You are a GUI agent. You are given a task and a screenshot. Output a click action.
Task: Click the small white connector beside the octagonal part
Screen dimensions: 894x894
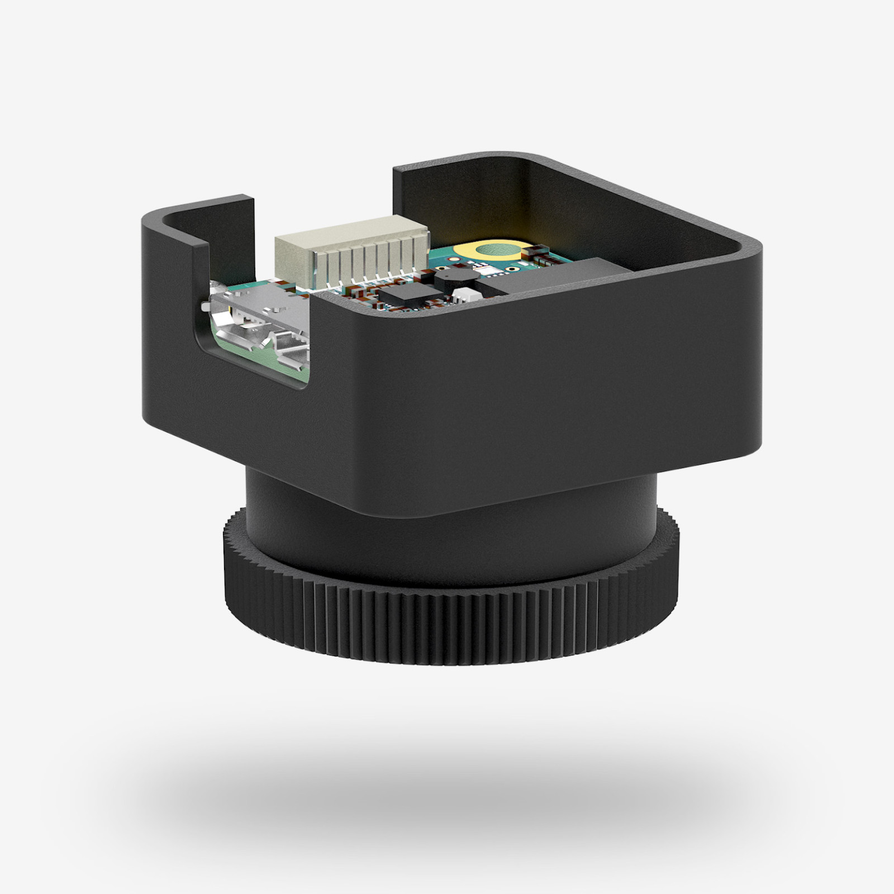pyautogui.click(x=467, y=296)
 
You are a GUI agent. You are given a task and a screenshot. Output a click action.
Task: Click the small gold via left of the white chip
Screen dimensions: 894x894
pyautogui.click(x=441, y=268)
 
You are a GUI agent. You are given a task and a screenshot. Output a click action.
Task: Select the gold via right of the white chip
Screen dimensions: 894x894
pyautogui.click(x=512, y=269)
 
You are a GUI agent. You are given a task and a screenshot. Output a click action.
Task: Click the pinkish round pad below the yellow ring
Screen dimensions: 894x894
pyautogui.click(x=454, y=259)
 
